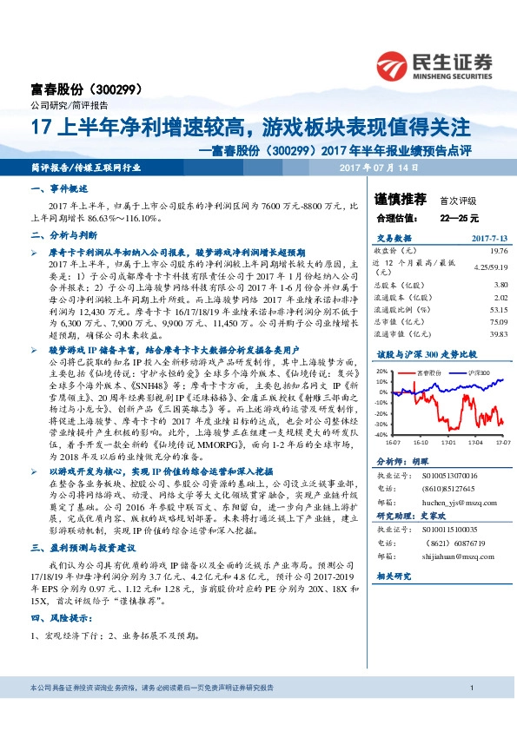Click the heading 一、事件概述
click(60, 188)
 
